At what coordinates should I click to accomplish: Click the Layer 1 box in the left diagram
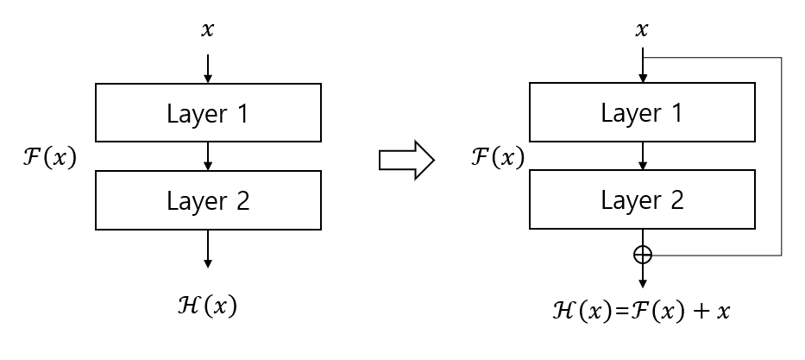[208, 113]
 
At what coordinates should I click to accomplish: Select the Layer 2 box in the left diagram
[208, 200]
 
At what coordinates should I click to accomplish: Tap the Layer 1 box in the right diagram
[642, 113]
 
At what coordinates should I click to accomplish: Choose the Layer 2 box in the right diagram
[642, 200]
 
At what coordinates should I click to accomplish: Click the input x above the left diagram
[207, 30]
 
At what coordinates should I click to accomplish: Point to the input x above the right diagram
[642, 30]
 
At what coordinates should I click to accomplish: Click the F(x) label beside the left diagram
[49, 157]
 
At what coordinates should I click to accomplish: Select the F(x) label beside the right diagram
[497, 157]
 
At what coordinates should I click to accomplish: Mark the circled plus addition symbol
[643, 255]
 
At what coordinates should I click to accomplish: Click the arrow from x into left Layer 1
[207, 67]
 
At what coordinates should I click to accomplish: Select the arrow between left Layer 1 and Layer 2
[207, 156]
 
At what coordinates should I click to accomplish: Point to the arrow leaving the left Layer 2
[207, 249]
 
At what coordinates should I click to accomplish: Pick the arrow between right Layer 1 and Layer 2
[642, 156]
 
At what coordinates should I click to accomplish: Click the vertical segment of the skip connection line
[781, 155]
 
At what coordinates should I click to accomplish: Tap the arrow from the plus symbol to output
[643, 276]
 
